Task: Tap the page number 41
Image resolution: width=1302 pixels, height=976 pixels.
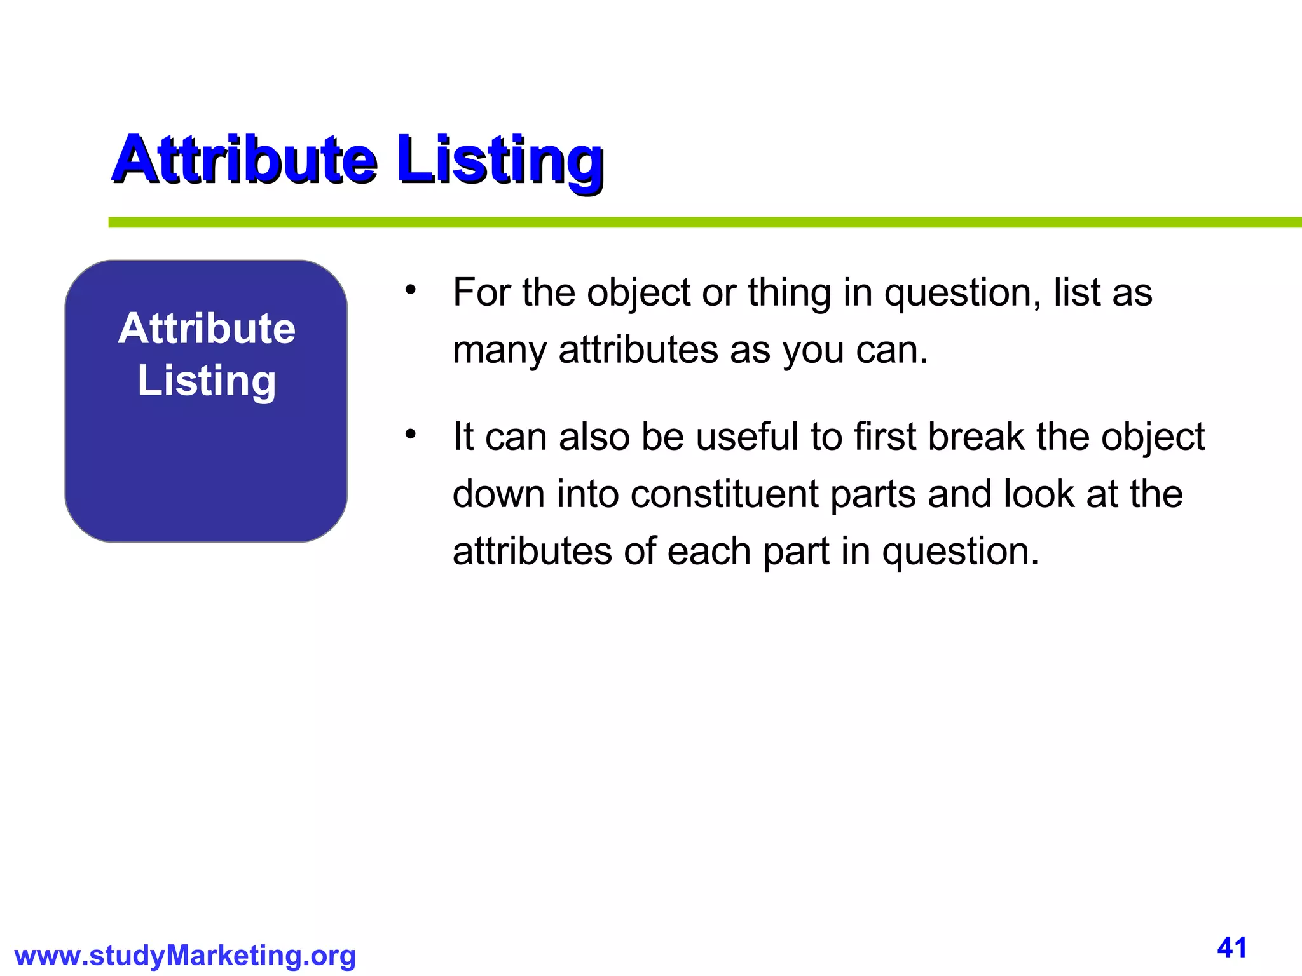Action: pos(1231,948)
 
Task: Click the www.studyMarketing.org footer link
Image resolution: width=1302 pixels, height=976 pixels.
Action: pos(185,956)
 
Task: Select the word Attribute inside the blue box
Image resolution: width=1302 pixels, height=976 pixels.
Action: pos(207,329)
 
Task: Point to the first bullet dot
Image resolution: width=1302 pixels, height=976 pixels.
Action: pos(411,290)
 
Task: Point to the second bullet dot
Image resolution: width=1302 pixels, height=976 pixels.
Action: pos(411,435)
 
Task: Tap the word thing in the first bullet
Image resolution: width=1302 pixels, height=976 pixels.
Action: pos(789,293)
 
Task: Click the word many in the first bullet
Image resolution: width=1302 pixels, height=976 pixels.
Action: pos(499,350)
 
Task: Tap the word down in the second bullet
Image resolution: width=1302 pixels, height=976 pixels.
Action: pos(498,494)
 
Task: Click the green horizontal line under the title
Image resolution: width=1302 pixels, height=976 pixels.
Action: pos(699,222)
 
